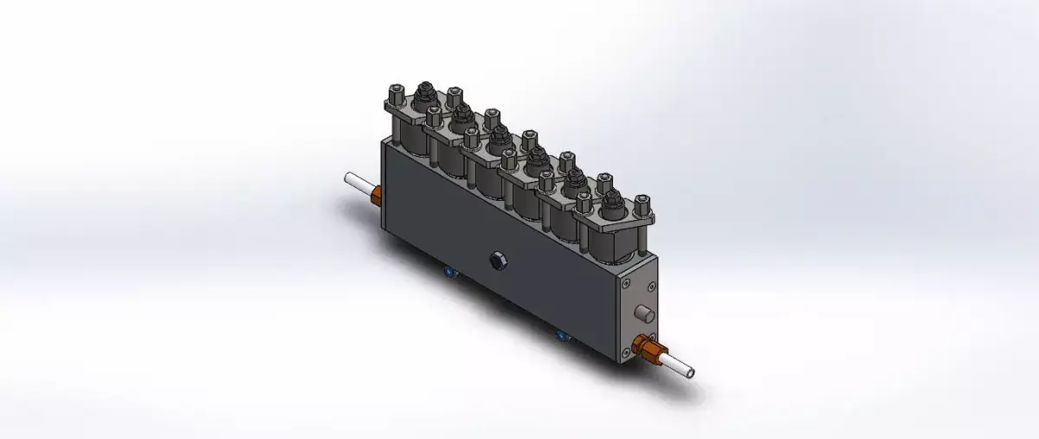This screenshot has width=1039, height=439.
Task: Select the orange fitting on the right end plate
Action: (x=648, y=348)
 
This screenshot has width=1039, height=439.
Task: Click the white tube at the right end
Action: (x=682, y=368)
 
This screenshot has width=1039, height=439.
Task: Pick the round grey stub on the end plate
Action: (x=643, y=313)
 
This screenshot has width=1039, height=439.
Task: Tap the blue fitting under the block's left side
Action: (x=448, y=273)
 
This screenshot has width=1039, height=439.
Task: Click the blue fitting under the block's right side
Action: (x=560, y=334)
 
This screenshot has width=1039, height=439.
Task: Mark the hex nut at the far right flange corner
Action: (x=642, y=204)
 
